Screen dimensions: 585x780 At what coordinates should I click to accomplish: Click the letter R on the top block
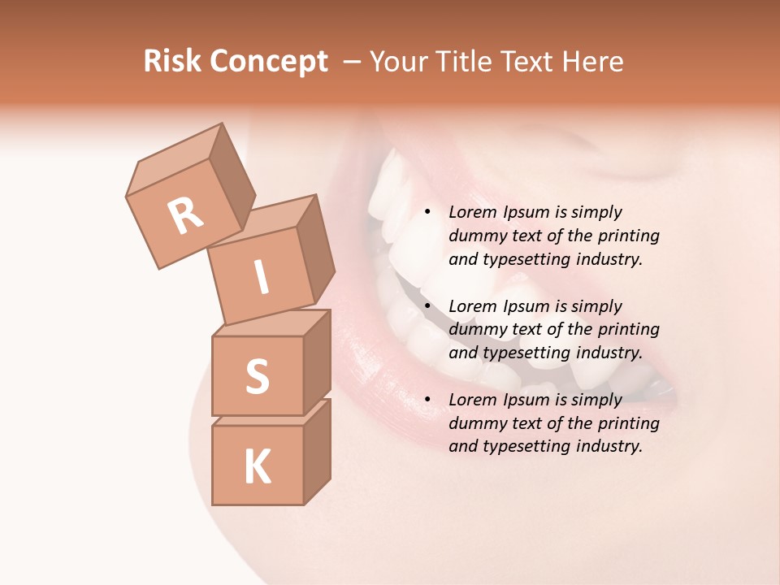185,215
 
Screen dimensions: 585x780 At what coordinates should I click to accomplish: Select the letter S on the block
257,375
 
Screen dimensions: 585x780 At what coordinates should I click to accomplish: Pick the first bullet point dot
427,212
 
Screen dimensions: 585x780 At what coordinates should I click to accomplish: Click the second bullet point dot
427,306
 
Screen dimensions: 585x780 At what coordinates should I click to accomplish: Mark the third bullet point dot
427,400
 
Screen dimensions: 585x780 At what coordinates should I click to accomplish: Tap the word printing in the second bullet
630,329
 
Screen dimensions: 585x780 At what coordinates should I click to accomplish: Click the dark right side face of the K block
317,451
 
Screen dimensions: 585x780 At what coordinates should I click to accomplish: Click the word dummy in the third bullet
476,423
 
